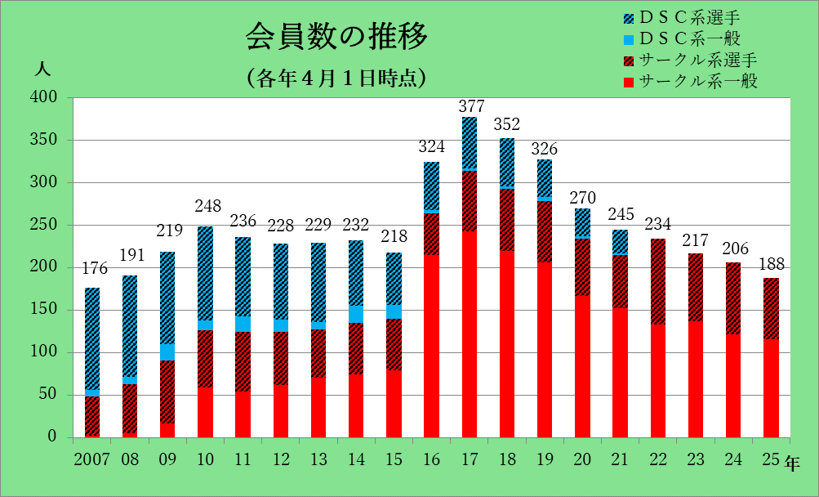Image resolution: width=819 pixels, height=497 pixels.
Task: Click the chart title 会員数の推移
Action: click(x=336, y=38)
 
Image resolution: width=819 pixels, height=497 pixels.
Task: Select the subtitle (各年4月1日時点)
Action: click(x=336, y=78)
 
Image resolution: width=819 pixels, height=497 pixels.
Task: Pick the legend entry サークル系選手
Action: click(x=698, y=60)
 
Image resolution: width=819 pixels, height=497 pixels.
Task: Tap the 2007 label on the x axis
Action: click(x=91, y=459)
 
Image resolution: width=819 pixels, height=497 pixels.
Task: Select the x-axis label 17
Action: click(x=469, y=459)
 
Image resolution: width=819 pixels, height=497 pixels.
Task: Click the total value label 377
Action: click(x=471, y=106)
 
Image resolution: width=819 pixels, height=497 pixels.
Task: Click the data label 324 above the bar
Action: click(x=433, y=147)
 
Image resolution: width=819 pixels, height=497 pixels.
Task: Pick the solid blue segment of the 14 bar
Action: click(x=356, y=315)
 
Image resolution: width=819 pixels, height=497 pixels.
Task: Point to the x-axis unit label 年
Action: click(x=794, y=463)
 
